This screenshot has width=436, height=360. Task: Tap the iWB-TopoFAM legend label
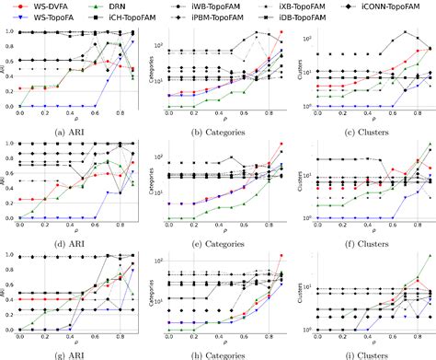(x=226, y=6)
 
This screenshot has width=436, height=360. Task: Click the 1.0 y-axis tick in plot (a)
(x=10, y=33)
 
